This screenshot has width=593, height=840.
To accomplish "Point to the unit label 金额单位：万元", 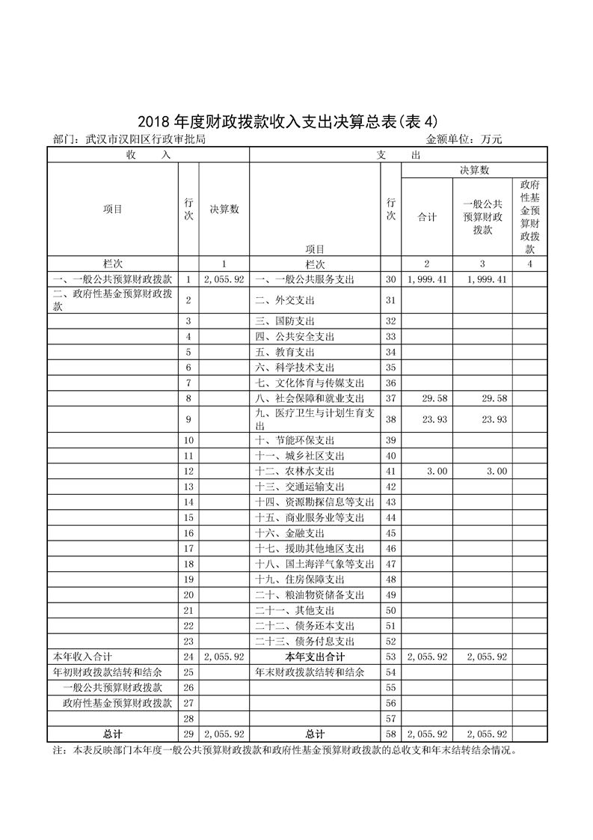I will click(x=464, y=139).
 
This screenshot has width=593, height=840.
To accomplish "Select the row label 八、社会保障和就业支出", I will click(x=310, y=398).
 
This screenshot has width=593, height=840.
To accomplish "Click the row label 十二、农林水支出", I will click(x=295, y=472).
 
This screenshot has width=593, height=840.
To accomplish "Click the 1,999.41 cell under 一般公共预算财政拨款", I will click(x=487, y=279).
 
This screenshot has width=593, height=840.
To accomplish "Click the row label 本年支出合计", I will click(x=315, y=657).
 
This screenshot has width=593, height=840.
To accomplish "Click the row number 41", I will click(x=390, y=472).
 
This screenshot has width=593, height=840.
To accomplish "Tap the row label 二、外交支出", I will click(x=285, y=300).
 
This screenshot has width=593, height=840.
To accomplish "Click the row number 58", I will click(x=390, y=734).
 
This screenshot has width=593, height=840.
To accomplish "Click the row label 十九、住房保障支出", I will click(x=300, y=579).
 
